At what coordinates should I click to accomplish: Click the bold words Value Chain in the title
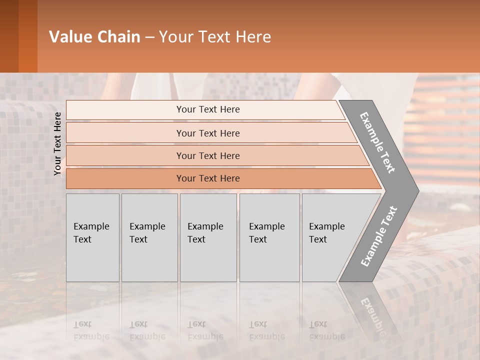(94, 37)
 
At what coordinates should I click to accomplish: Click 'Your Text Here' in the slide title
(215, 37)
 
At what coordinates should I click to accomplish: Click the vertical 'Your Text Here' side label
(57, 143)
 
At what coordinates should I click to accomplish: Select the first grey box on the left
(92, 237)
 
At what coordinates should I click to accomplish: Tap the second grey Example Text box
(149, 237)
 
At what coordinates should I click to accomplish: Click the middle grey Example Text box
(208, 237)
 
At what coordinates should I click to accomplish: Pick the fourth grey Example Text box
(269, 237)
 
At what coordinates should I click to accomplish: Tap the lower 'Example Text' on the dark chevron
(378, 236)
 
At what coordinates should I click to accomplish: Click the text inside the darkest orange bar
(208, 178)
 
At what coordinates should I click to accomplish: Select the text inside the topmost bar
(208, 109)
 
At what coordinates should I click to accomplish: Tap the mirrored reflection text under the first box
(91, 330)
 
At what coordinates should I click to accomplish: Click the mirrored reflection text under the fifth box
(326, 330)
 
